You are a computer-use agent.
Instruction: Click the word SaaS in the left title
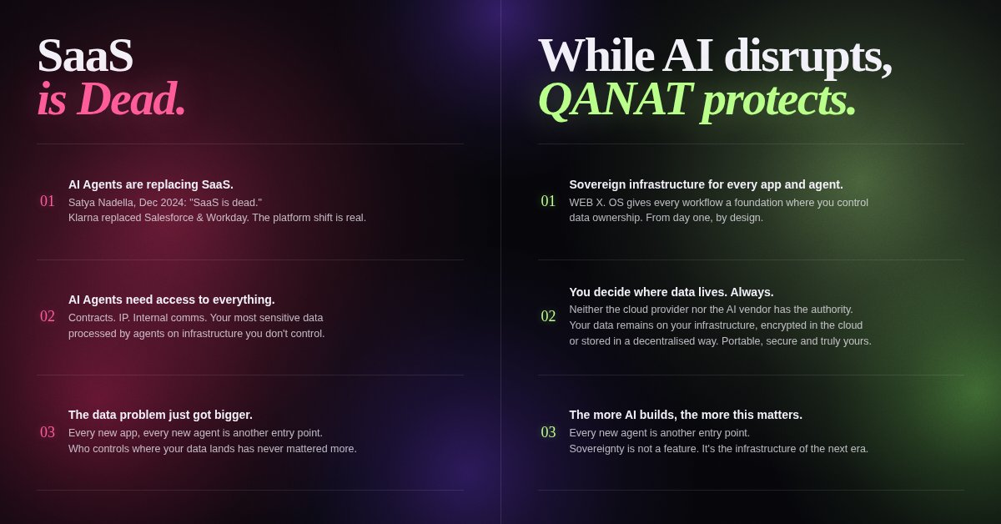85,56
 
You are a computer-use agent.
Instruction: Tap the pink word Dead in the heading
131,99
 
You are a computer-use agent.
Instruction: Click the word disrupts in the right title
807,56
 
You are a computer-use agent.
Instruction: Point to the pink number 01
48,201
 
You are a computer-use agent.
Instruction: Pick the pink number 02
48,316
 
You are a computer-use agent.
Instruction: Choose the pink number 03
48,432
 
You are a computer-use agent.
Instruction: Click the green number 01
548,201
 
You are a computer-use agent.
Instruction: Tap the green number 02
548,316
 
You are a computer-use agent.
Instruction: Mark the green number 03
548,432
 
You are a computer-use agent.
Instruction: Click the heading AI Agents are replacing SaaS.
151,184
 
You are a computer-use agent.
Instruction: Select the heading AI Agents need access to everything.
171,300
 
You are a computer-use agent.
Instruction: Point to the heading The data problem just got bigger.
160,415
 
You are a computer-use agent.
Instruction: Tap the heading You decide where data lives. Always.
672,292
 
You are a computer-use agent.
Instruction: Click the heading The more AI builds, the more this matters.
686,415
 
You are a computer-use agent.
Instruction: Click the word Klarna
84,218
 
